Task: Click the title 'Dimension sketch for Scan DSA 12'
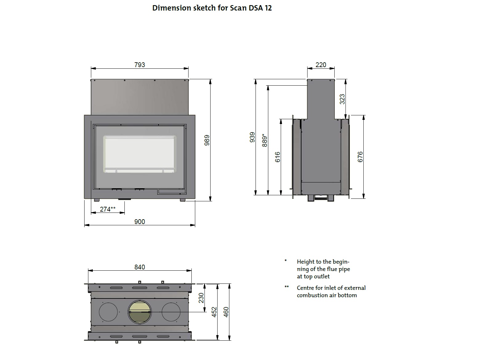212,8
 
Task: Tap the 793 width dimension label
140,65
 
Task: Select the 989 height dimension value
207,140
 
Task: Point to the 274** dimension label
108,209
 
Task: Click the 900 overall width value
140,222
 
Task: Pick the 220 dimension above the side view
321,65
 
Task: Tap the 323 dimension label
342,99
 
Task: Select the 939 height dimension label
252,137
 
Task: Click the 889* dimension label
264,140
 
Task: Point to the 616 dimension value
278,157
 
